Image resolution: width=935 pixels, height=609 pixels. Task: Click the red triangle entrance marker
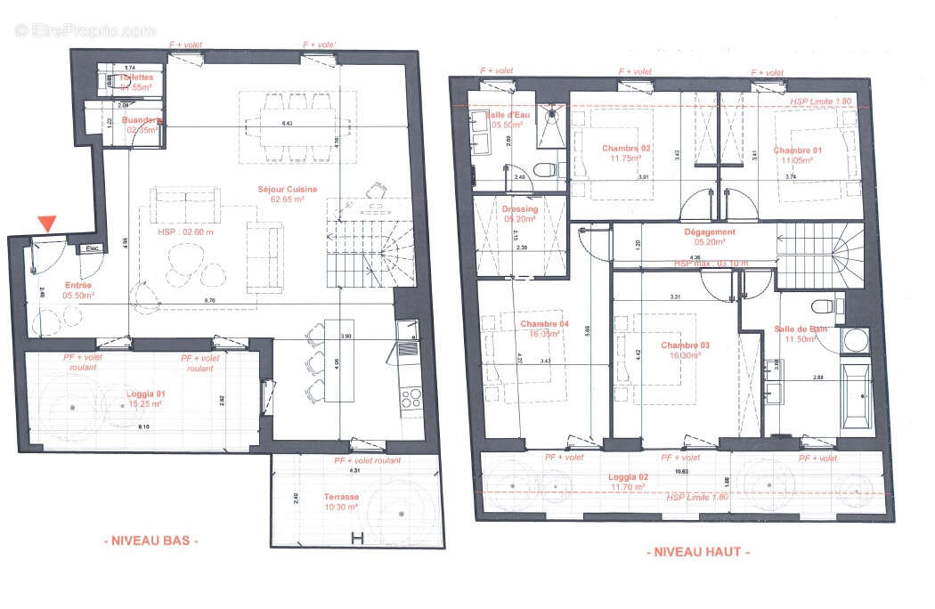click(x=47, y=223)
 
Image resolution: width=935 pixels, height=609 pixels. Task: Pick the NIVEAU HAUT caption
click(x=697, y=552)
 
